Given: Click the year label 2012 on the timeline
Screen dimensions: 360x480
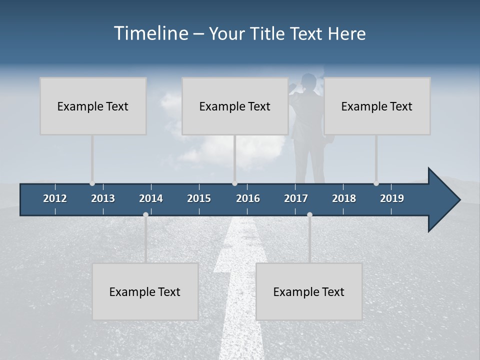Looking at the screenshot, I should pos(55,198).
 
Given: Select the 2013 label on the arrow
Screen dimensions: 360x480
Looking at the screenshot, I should pos(103,198).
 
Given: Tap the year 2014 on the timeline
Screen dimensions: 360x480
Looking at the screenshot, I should pos(151,198).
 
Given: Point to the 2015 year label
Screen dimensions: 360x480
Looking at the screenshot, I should pos(199,198).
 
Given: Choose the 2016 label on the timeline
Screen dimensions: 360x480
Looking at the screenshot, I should pos(248,198).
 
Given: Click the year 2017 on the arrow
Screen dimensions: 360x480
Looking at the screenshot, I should pos(296,198).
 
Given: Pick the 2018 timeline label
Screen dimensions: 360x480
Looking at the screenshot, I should pos(344,198).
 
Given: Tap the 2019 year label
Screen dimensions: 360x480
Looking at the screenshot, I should pos(392,198).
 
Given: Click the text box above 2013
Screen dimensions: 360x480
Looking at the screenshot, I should pos(93,106).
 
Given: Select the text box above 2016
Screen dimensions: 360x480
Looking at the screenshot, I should pos(235,106).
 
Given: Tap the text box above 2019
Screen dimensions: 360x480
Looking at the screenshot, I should pos(377,106).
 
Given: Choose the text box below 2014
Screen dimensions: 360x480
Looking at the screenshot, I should pos(145,291).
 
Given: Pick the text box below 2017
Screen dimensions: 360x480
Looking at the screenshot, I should pos(309,291).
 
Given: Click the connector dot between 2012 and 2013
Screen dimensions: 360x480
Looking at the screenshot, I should pos(92,183).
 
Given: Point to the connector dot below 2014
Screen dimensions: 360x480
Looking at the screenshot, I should pos(145,214).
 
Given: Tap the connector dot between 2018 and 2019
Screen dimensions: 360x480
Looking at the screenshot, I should pos(376,183).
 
